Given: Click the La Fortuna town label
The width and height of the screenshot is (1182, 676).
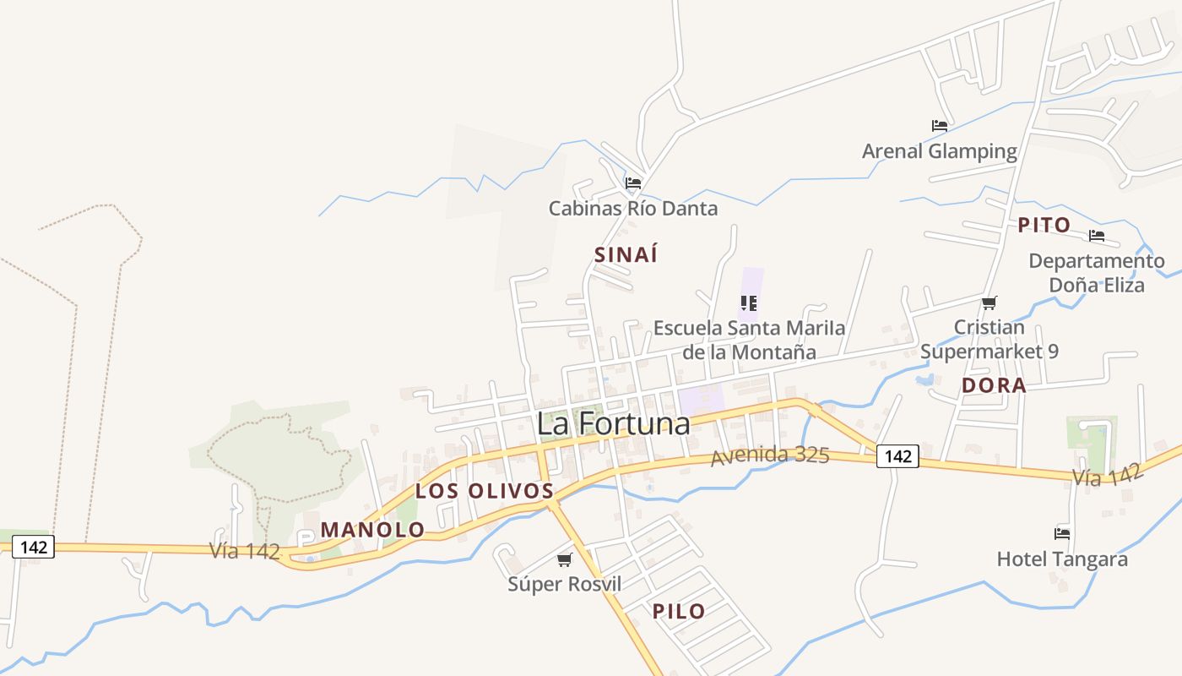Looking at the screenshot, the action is (613, 424).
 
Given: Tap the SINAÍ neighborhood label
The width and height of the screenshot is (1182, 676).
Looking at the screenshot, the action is (626, 254).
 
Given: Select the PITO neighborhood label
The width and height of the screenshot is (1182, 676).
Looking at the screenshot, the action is (1044, 226).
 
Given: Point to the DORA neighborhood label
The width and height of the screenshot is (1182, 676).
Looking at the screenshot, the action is (994, 386).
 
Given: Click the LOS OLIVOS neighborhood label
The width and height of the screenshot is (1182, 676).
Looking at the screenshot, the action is (485, 491).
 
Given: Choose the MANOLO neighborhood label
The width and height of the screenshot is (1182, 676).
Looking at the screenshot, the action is (372, 531).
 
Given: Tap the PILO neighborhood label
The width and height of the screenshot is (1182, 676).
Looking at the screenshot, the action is (679, 612).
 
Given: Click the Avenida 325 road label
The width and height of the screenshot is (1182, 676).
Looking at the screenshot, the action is (770, 455).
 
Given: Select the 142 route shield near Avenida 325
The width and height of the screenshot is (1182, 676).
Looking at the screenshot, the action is (897, 456).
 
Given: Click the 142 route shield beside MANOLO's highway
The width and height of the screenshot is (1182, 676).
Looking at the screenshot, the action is (34, 548).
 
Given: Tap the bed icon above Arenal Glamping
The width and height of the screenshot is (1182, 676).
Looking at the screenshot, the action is (940, 126).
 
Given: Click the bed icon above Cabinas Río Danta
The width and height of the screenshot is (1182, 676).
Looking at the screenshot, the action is (633, 183).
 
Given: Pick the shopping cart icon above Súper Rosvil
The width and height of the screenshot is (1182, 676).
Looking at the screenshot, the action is (565, 559).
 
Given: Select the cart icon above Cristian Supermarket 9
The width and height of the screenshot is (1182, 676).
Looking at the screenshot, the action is (990, 303).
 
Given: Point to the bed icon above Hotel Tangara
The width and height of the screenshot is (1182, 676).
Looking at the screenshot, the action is (1062, 533).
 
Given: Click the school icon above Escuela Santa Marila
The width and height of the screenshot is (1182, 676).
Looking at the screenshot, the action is (748, 303).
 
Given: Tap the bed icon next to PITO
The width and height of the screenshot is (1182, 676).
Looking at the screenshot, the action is (1097, 235).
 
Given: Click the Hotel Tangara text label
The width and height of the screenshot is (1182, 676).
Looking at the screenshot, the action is (1062, 559).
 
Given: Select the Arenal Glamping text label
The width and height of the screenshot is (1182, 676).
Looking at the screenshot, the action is (939, 152).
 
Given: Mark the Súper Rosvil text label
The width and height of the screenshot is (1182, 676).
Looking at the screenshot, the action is (564, 584).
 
